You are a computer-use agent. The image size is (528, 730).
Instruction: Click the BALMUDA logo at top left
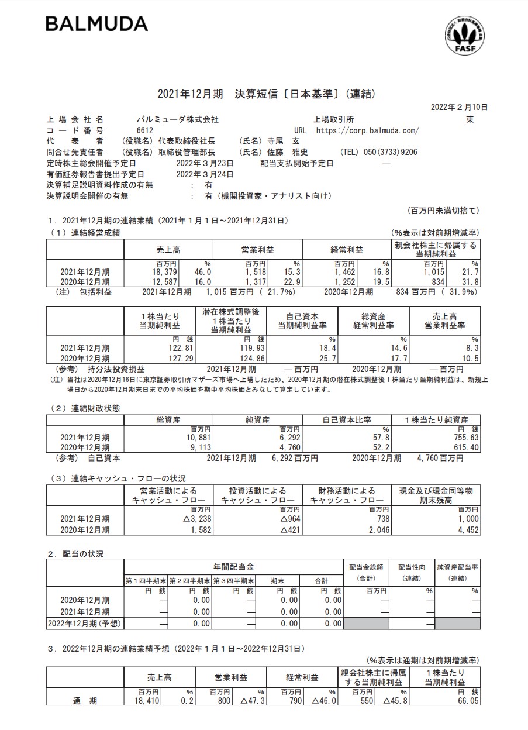point(96,24)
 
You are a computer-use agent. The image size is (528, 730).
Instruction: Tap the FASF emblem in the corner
point(461,36)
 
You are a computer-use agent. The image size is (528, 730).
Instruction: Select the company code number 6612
point(144,130)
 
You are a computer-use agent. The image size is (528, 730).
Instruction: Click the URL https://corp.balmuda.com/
point(367,130)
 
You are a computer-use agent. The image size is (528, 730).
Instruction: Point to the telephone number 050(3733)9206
point(390,152)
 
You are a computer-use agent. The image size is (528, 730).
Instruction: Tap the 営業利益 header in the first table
point(257,250)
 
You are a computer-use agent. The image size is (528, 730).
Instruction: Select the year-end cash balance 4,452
point(467,529)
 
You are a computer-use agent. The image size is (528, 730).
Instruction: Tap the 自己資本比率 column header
point(347,419)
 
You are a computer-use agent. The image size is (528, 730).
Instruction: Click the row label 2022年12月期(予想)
point(85,624)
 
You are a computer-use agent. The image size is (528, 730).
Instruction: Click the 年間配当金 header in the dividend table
point(233,566)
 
